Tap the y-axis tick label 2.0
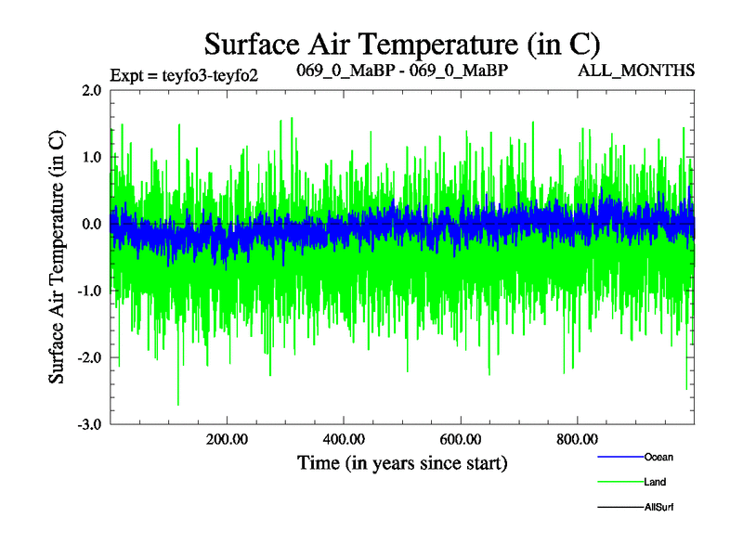click(91, 90)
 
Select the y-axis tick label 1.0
click(91, 157)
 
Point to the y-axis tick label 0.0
click(91, 224)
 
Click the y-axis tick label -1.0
click(89, 291)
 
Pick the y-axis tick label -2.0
click(89, 357)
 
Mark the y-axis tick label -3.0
click(89, 424)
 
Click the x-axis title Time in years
click(402, 461)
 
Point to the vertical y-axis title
click(58, 257)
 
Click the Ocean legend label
click(658, 457)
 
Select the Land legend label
click(655, 482)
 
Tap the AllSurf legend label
click(659, 508)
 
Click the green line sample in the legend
click(619, 482)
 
